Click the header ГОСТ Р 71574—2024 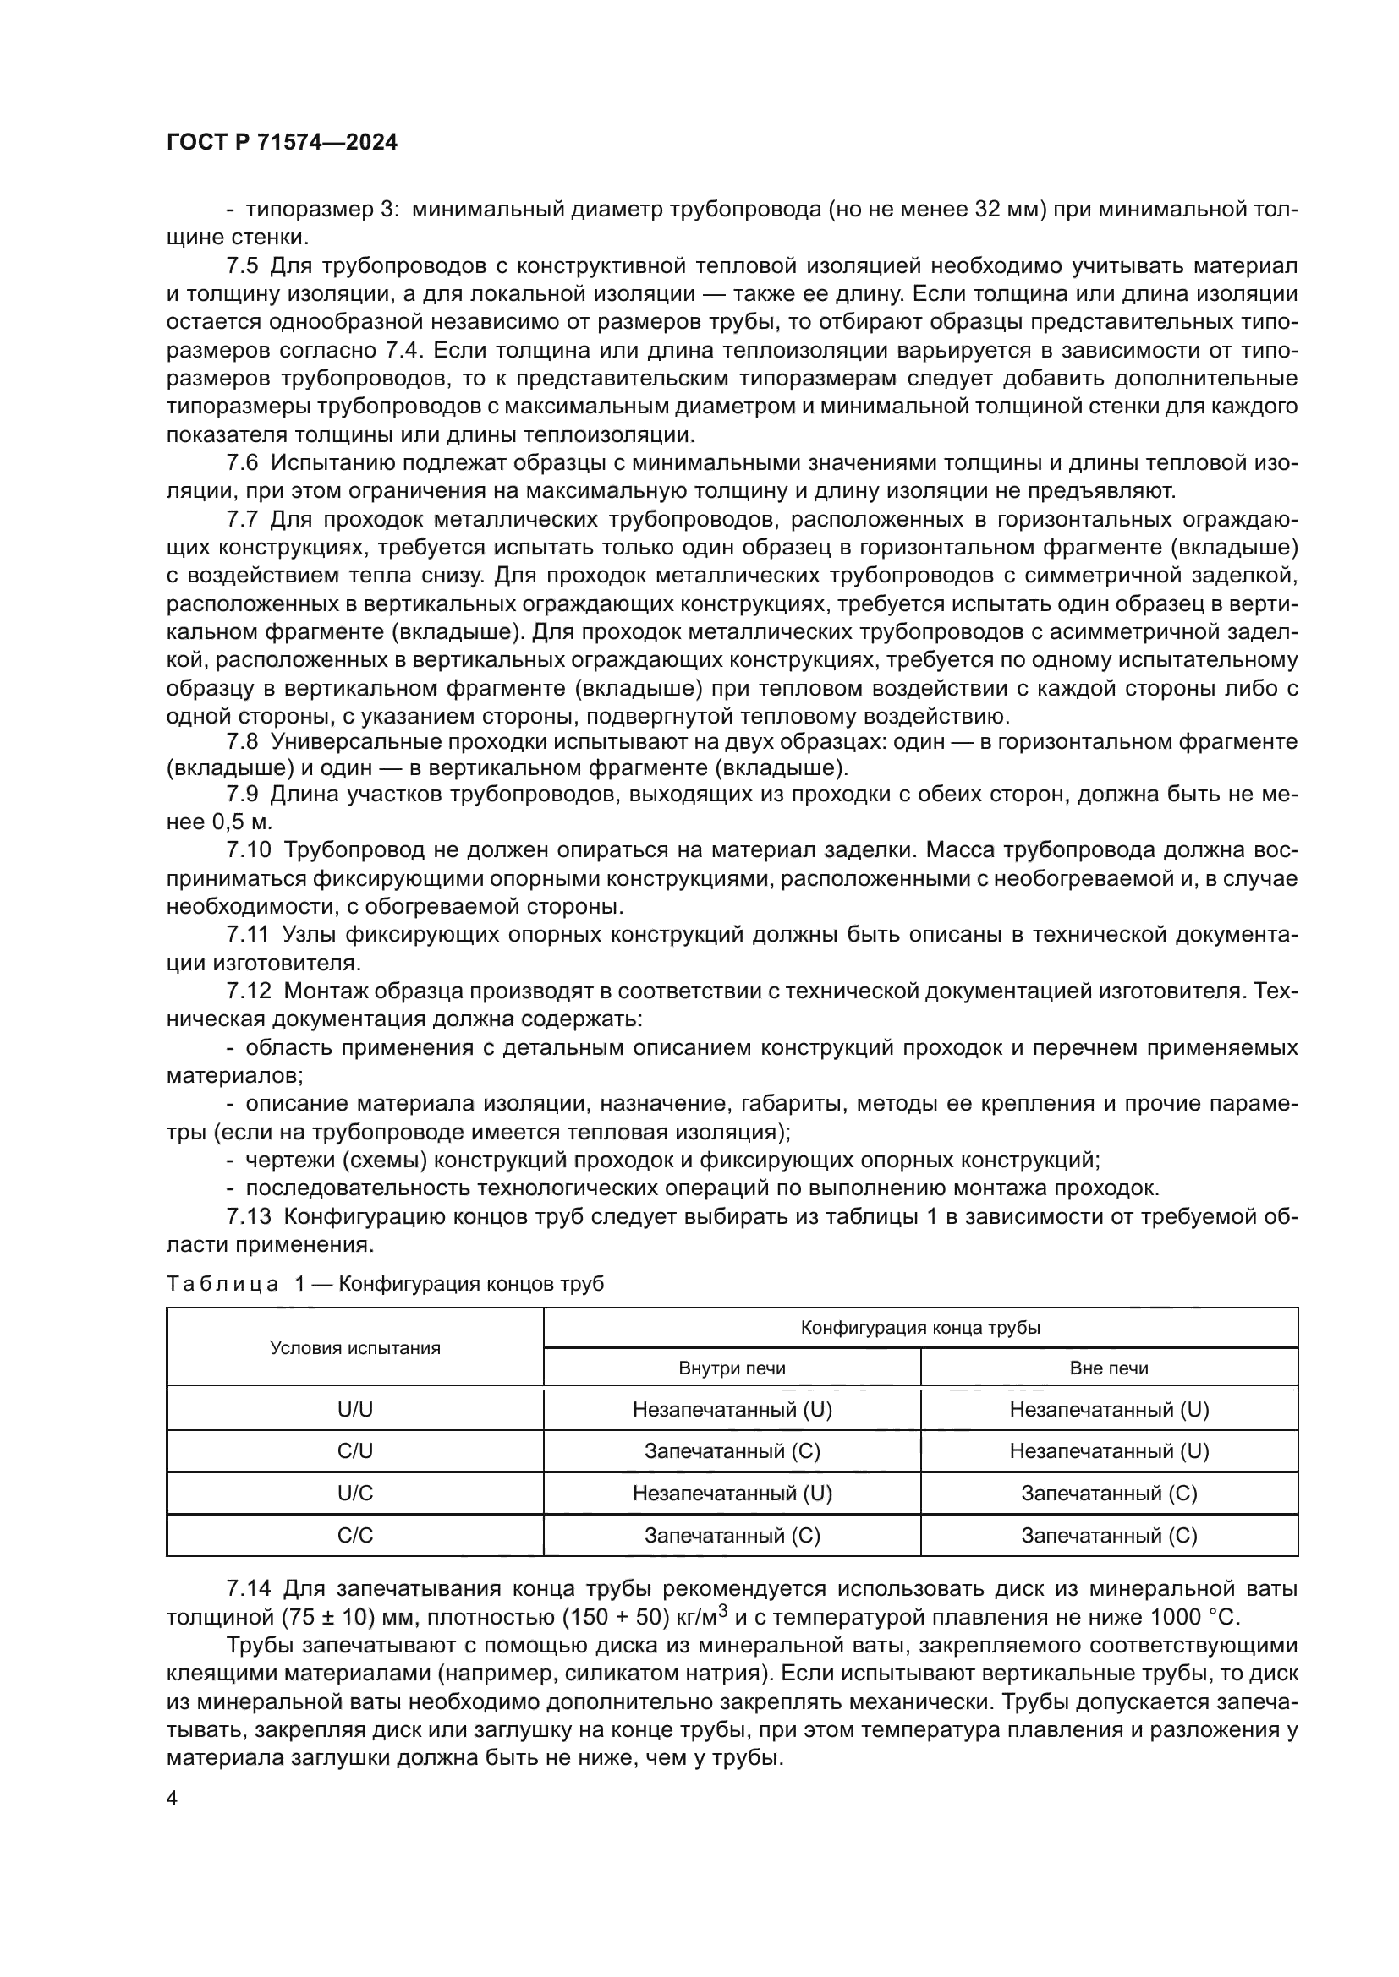pos(282,143)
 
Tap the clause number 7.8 pos(242,741)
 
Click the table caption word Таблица pos(222,1284)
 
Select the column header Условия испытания pos(355,1347)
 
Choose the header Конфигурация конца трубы pos(920,1327)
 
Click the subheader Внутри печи pos(732,1368)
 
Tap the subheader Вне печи pos(1109,1368)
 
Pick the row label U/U pos(355,1410)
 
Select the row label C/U pos(355,1451)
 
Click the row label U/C pos(355,1493)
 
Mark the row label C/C pos(355,1535)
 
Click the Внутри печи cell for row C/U pos(732,1451)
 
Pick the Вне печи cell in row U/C pos(1109,1493)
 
